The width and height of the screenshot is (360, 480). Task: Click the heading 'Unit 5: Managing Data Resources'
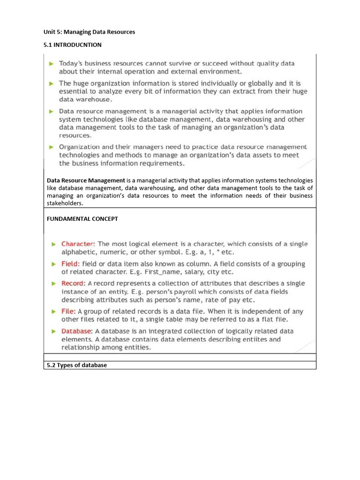click(89, 32)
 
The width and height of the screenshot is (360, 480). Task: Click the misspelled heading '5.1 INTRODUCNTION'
click(73, 45)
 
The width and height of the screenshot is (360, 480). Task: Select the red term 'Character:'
click(78, 244)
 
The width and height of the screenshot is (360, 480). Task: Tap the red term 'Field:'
click(71, 264)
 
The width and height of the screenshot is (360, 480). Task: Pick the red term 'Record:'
click(74, 284)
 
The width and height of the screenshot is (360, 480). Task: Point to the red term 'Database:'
click(77, 331)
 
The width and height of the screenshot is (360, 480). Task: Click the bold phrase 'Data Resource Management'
click(86, 180)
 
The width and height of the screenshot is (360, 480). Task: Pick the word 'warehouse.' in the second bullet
click(95, 99)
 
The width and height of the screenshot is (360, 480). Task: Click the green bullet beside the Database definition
click(54, 331)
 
